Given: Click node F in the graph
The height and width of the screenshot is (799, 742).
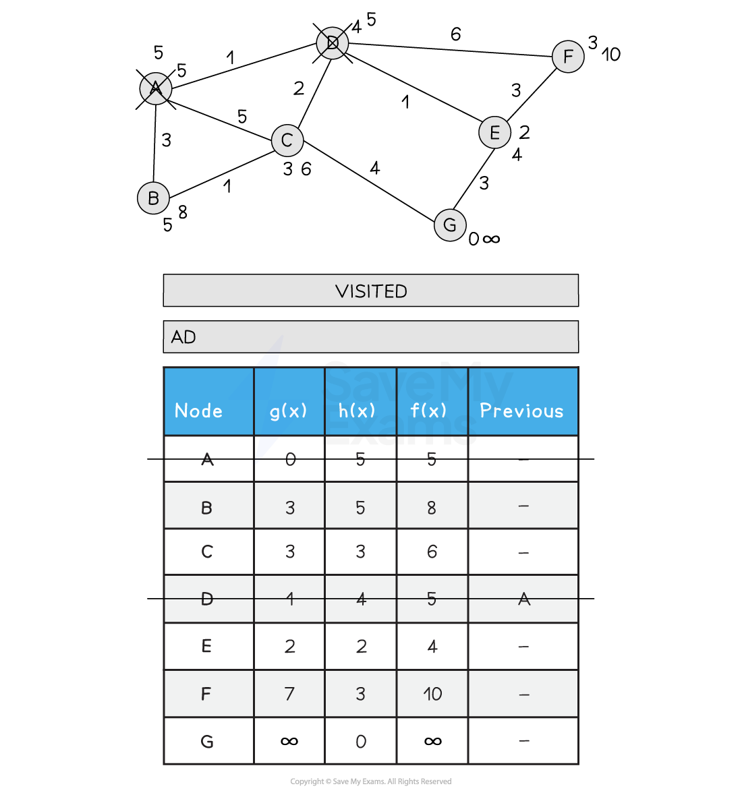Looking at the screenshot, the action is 568,57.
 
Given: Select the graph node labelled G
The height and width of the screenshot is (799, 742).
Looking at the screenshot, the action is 450,225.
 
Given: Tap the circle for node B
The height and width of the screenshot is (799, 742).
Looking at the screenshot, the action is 153,198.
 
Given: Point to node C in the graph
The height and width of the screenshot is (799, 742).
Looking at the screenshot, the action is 287,140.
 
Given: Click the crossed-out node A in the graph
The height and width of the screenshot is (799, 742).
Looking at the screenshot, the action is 156,88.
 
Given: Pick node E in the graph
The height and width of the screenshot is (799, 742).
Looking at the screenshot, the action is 495,132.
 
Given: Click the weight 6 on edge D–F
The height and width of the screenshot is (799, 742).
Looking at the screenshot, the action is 455,34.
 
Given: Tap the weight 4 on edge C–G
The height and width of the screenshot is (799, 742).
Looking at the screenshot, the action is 375,168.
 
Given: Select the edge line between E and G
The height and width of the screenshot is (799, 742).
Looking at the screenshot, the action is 474,179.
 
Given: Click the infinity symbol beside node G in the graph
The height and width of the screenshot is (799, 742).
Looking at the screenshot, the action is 491,239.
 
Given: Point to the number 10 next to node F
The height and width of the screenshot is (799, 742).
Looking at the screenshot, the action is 611,54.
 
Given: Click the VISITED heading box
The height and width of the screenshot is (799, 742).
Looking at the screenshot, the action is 371,291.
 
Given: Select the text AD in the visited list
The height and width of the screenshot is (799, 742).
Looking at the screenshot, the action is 183,337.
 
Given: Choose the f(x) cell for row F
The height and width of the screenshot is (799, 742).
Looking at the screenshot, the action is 432,694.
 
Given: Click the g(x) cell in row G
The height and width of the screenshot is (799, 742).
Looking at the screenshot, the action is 289,741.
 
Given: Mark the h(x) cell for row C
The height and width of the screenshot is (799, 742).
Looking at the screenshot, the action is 360,552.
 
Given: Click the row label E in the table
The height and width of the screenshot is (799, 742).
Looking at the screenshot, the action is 206,646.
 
